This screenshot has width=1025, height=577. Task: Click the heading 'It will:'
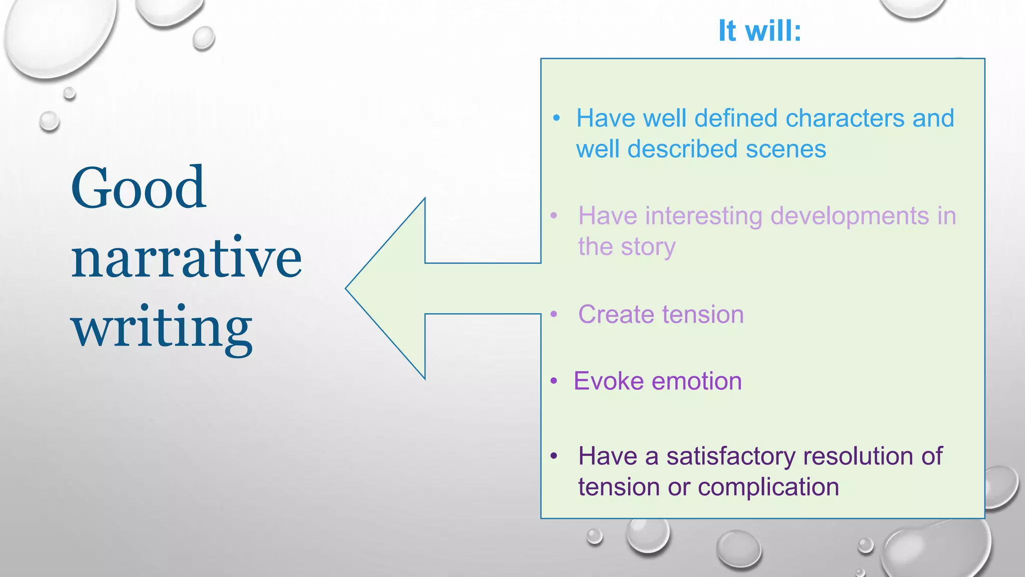coord(759,31)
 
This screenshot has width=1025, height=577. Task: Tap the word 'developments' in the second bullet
coord(849,216)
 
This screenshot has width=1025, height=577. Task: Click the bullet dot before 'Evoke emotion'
coord(554,381)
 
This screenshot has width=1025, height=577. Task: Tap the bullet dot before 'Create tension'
coord(554,315)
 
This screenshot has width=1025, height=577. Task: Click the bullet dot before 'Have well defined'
coord(557,119)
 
